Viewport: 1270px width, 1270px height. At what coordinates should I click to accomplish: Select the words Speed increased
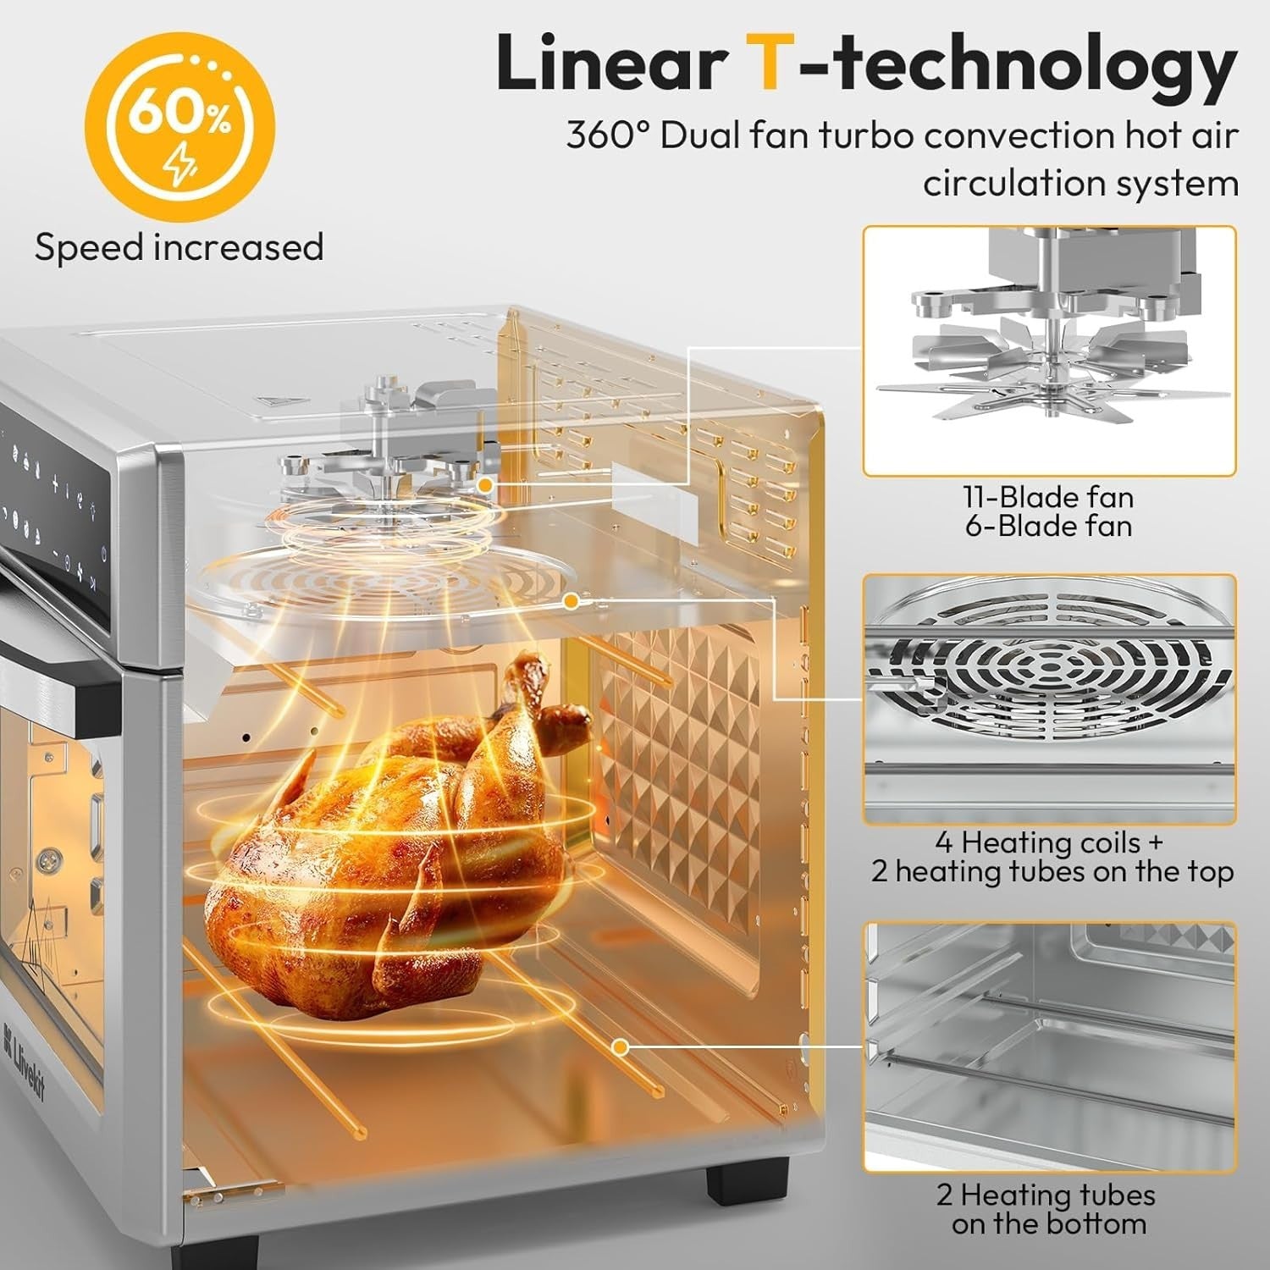coord(179,247)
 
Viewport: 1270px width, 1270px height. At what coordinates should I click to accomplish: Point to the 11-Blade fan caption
coord(1048,497)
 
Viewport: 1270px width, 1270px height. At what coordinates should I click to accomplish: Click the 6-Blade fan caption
coord(1048,526)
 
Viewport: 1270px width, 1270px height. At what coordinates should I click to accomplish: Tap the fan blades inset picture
coord(1049,351)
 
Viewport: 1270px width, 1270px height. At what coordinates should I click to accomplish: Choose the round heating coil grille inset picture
coord(1049,698)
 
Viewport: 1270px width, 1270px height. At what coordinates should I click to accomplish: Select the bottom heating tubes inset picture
coord(1049,1046)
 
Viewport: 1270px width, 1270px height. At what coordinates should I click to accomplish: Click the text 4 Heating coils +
coord(1050,842)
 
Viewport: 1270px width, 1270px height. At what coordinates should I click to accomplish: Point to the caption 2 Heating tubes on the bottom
coord(1046,1209)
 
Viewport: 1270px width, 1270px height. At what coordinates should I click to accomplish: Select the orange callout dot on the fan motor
coord(485,484)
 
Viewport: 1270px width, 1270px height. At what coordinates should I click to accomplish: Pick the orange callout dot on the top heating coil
coord(571,601)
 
